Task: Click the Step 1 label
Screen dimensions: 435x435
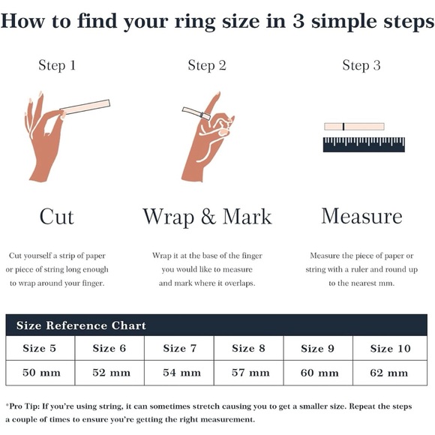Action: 57,66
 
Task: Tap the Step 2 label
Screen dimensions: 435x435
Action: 207,66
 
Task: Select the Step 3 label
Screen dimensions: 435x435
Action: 361,66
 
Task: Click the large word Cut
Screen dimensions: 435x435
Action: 57,217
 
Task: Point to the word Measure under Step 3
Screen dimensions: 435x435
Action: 361,216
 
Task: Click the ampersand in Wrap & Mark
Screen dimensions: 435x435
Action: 208,217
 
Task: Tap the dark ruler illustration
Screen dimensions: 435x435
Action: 364,145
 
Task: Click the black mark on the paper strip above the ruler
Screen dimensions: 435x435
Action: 343,127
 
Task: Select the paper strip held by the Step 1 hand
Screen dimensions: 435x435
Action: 85,106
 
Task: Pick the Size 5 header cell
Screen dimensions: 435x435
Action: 40,348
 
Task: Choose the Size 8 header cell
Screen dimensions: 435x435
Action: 248,348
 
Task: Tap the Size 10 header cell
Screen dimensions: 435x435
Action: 390,348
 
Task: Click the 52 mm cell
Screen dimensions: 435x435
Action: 109,373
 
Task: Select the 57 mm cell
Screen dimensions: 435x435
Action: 248,373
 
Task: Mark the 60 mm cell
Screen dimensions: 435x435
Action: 318,373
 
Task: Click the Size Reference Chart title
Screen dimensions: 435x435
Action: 81,325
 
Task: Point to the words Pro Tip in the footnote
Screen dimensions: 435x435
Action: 24,406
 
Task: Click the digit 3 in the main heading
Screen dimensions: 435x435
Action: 298,21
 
